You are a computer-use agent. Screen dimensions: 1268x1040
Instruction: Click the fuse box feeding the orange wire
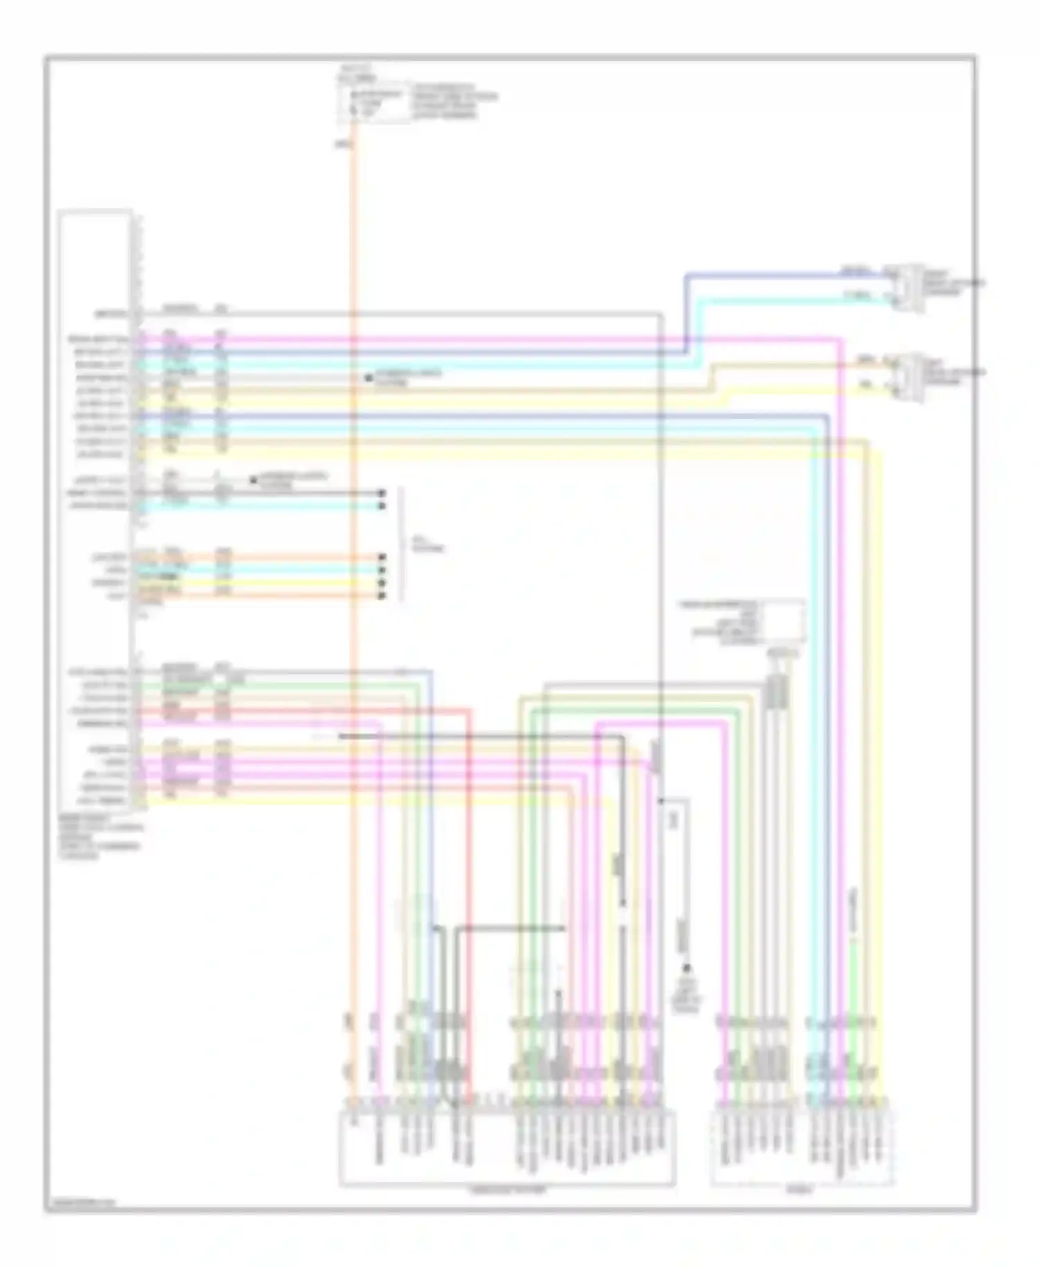point(373,103)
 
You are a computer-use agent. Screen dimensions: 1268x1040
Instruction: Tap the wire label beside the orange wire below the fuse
point(343,145)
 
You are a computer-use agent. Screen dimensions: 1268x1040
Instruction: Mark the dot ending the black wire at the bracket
point(381,493)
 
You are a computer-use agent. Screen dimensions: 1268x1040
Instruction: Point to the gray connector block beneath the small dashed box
point(777,691)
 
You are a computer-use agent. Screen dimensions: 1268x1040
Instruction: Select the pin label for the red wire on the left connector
point(98,711)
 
